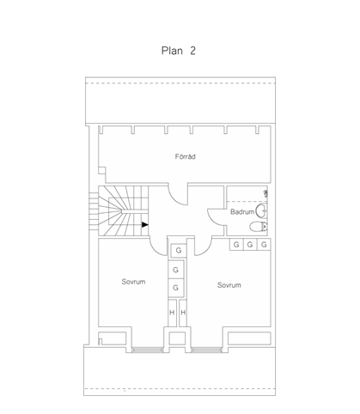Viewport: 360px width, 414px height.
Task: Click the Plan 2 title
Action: click(x=179, y=51)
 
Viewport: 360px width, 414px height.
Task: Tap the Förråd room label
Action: click(x=186, y=156)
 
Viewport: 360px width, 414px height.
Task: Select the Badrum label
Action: click(x=242, y=212)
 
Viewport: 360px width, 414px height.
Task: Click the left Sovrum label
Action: click(x=133, y=282)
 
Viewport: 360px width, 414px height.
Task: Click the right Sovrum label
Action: click(x=229, y=285)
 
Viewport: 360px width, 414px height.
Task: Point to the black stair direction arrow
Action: click(x=145, y=225)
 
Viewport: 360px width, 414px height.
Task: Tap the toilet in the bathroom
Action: click(x=259, y=227)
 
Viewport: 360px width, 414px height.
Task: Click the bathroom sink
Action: click(x=262, y=211)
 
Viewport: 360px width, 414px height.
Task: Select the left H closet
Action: click(x=172, y=313)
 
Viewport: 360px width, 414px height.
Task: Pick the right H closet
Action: click(x=183, y=313)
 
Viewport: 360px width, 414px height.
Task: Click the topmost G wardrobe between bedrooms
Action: click(x=179, y=251)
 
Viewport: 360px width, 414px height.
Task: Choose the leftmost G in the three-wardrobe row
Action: click(x=236, y=245)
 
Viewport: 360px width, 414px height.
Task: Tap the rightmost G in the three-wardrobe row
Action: click(x=264, y=245)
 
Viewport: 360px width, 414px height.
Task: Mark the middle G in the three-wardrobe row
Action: click(x=250, y=245)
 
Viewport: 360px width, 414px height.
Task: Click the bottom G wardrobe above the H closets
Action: click(x=176, y=288)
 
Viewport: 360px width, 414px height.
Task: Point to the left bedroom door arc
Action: click(x=156, y=251)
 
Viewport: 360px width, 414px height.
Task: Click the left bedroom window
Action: click(x=148, y=350)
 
